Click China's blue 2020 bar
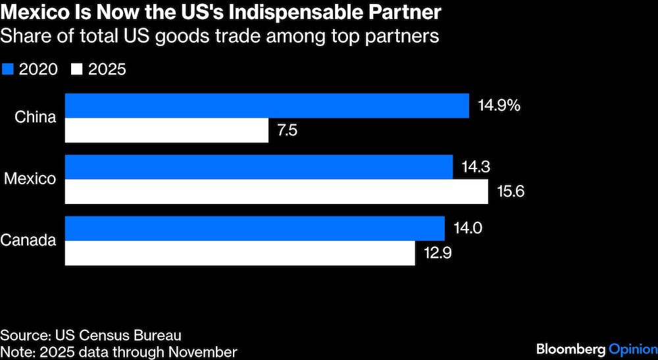(266, 105)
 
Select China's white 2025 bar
(166, 130)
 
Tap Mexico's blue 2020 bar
(259, 167)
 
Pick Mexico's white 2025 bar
(276, 192)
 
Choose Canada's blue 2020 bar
(255, 228)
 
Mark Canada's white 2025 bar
(240, 253)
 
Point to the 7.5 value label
(287, 130)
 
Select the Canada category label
(28, 241)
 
